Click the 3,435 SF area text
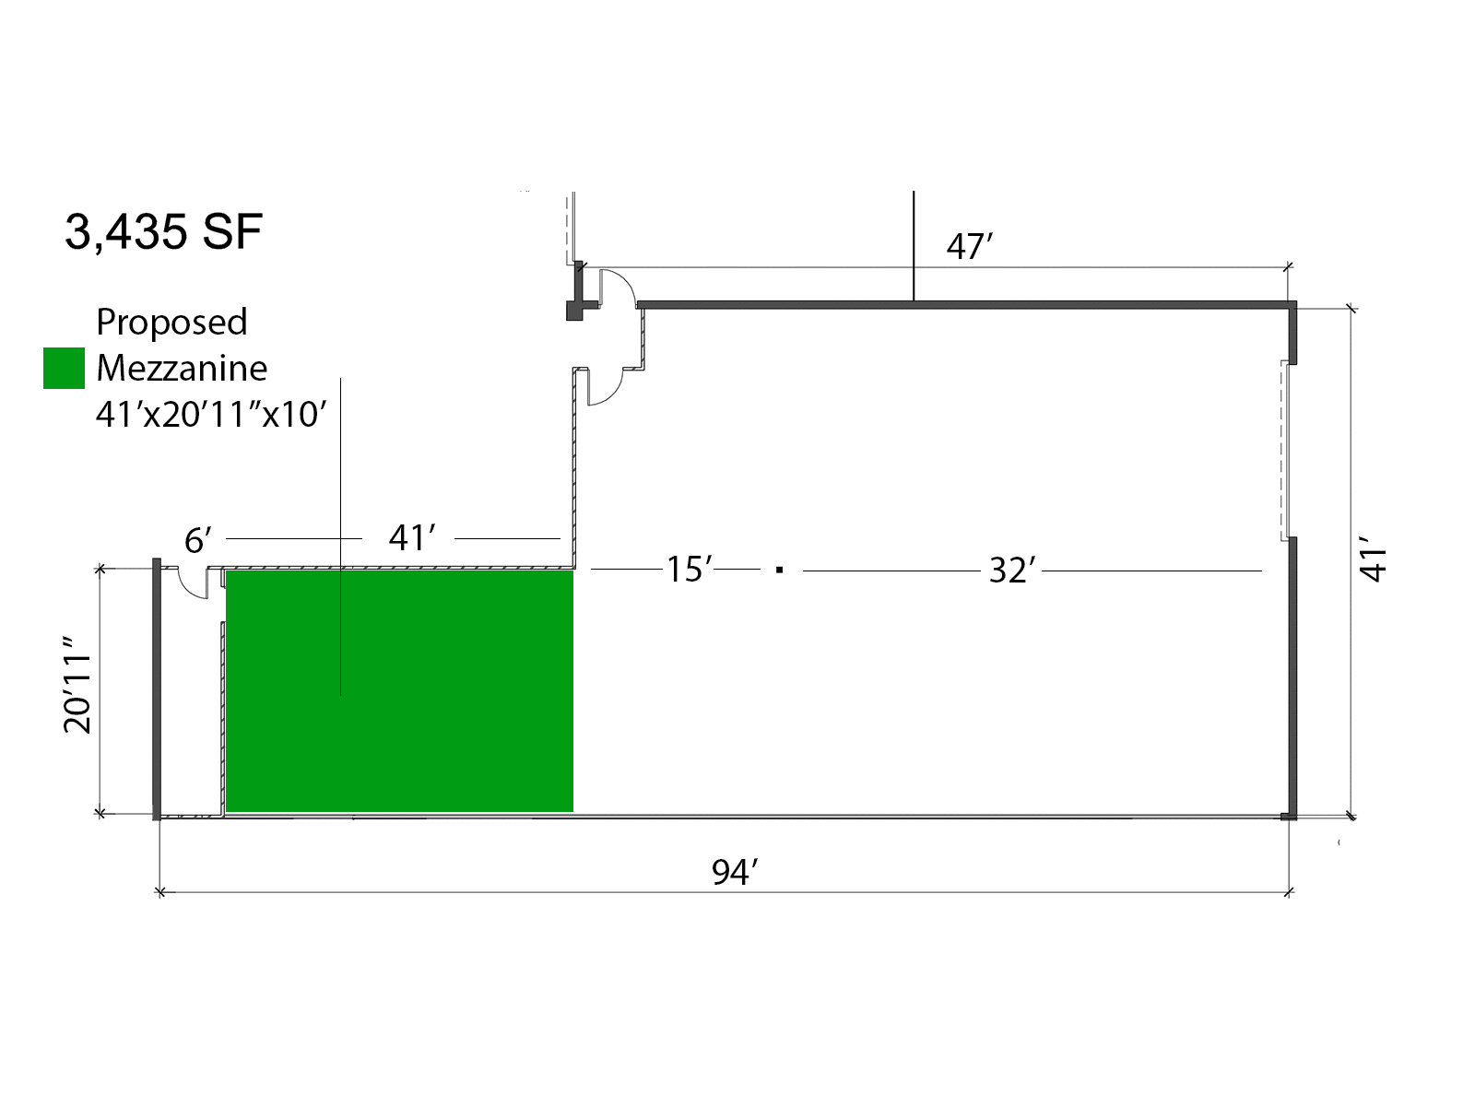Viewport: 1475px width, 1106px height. point(163,232)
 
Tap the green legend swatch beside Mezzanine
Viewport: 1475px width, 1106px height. point(64,368)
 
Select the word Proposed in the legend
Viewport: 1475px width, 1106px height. point(171,323)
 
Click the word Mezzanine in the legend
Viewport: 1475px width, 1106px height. point(182,369)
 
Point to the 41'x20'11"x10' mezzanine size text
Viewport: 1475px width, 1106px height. point(211,415)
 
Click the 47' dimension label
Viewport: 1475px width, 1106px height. point(970,246)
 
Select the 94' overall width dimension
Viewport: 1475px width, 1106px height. point(735,872)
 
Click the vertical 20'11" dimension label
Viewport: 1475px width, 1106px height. point(77,684)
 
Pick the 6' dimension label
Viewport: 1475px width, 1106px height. point(197,540)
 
